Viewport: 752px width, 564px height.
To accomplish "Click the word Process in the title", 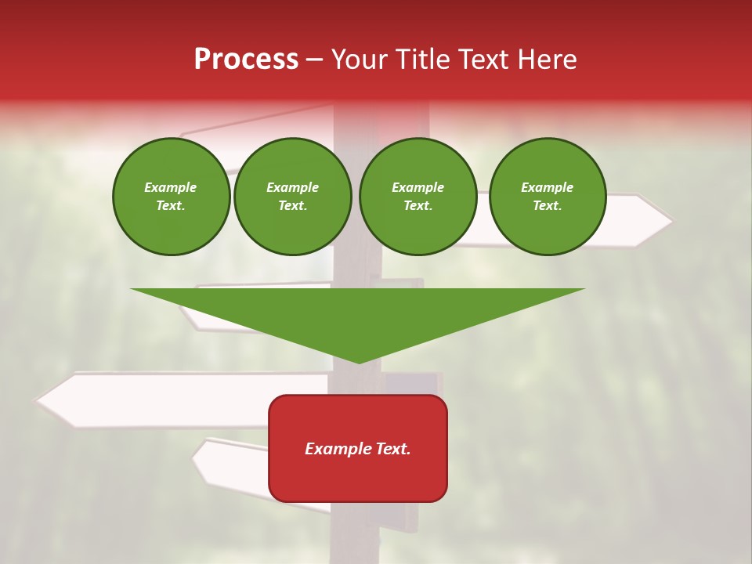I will coord(246,60).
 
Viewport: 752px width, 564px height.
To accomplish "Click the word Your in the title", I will coord(360,60).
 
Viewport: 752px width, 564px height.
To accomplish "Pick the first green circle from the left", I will coord(171,197).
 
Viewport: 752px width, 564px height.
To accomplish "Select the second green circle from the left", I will coord(292,197).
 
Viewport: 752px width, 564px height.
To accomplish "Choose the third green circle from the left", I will coord(418,197).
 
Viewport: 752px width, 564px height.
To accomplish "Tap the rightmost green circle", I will coord(547,197).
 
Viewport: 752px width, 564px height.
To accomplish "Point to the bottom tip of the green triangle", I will coord(359,362).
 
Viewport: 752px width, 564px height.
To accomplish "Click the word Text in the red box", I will coord(392,449).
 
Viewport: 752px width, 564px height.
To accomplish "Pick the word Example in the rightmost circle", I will coord(547,187).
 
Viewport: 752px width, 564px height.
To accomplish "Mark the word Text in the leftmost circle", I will coord(171,206).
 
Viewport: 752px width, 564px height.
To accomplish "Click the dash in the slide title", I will coord(315,60).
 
